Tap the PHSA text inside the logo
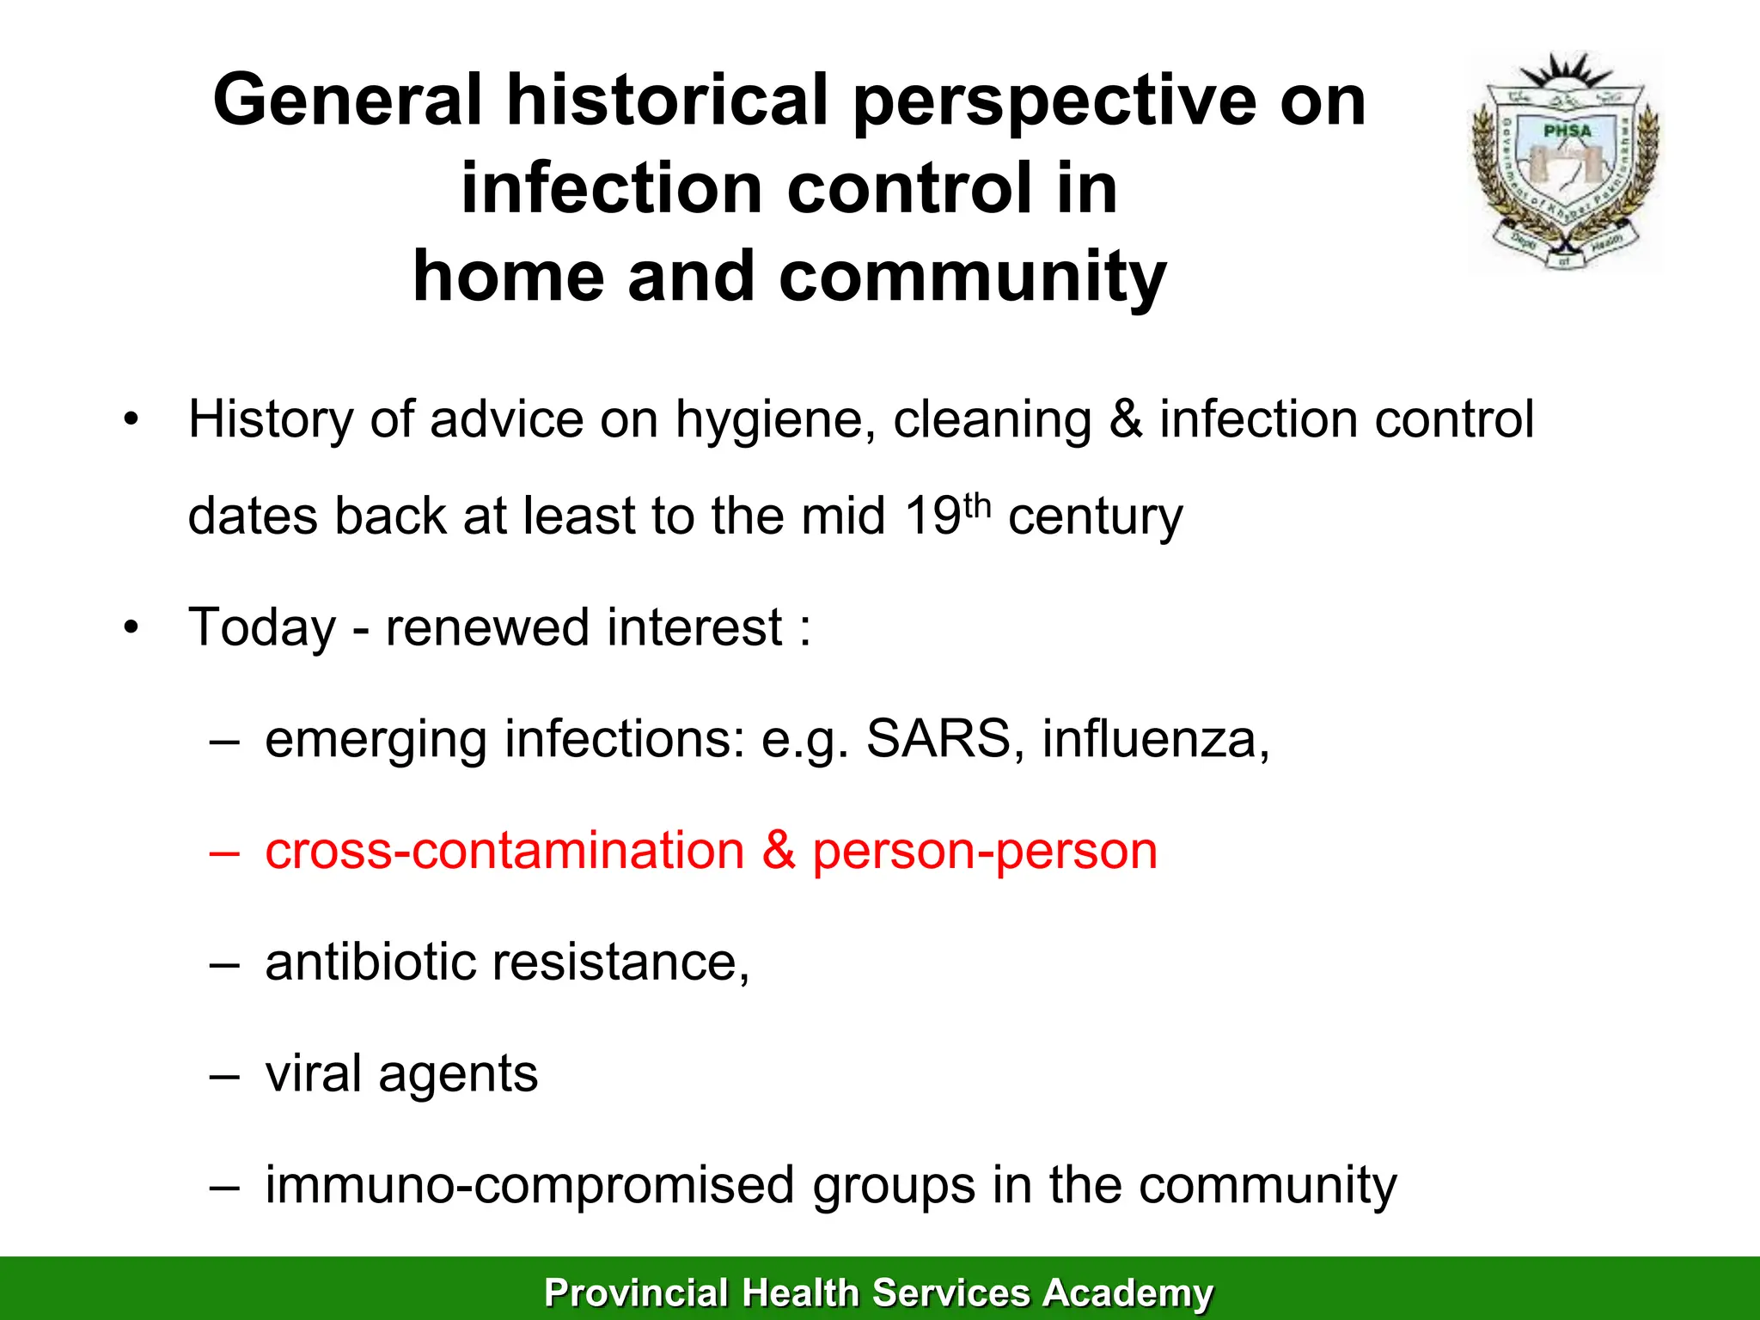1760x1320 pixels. coord(1567,131)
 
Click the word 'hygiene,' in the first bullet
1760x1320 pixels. coord(775,421)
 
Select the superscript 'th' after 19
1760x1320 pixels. coord(977,505)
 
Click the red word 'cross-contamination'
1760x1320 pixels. coord(504,851)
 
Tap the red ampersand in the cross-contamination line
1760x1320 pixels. coord(778,850)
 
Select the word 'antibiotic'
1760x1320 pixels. coord(370,962)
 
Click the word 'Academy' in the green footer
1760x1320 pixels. coord(1127,1292)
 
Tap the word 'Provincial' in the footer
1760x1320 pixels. coord(636,1292)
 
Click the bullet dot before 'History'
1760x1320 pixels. coord(130,420)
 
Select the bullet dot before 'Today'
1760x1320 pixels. coord(130,627)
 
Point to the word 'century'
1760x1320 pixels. coord(1095,517)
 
